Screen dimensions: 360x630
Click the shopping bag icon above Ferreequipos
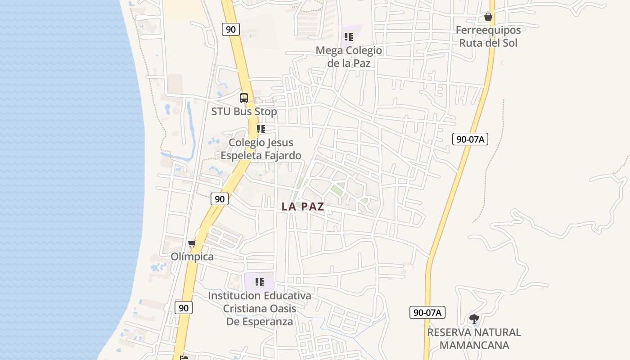488,17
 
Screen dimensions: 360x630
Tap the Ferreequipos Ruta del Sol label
488,36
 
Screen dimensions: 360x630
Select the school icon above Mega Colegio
348,37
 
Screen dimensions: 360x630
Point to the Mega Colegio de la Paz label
349,57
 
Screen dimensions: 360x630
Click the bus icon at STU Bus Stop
244,98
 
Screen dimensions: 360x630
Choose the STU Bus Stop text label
244,112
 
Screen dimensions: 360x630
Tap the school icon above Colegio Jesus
261,129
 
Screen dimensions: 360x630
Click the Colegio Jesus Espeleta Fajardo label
261,149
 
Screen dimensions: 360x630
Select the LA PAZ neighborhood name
303,207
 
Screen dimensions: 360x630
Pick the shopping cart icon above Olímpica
192,243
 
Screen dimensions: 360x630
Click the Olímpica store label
192,256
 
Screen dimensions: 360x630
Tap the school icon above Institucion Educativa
259,282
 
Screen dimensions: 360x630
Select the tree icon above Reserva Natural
474,319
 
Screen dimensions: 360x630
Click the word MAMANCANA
474,346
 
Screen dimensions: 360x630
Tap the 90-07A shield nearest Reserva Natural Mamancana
427,312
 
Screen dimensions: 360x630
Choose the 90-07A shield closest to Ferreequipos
470,139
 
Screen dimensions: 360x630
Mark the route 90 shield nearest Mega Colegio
230,30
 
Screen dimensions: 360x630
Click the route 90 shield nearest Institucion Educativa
184,308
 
